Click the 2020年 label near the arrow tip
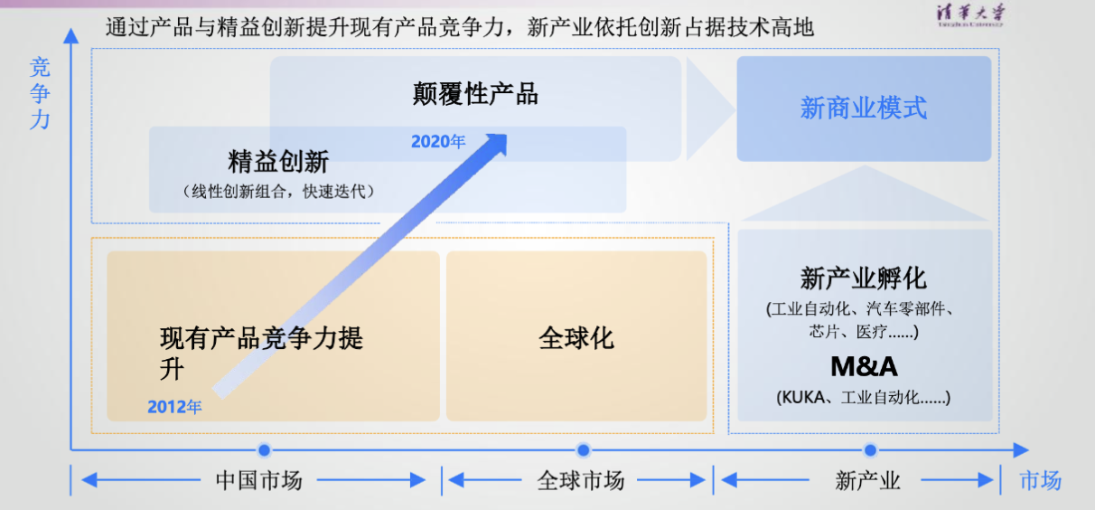438,142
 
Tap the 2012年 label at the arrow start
174,407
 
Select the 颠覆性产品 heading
475,94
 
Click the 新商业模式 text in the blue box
864,109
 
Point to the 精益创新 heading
278,162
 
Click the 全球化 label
576,338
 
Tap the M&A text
865,366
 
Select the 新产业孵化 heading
864,279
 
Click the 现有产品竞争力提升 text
261,354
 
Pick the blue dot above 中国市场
264,449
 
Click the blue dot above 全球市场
583,449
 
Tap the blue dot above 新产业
870,449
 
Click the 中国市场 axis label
259,481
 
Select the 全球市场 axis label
581,481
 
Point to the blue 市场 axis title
1040,481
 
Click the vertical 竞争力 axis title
40,93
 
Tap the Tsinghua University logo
970,14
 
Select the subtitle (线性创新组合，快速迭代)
278,192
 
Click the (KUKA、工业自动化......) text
864,398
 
